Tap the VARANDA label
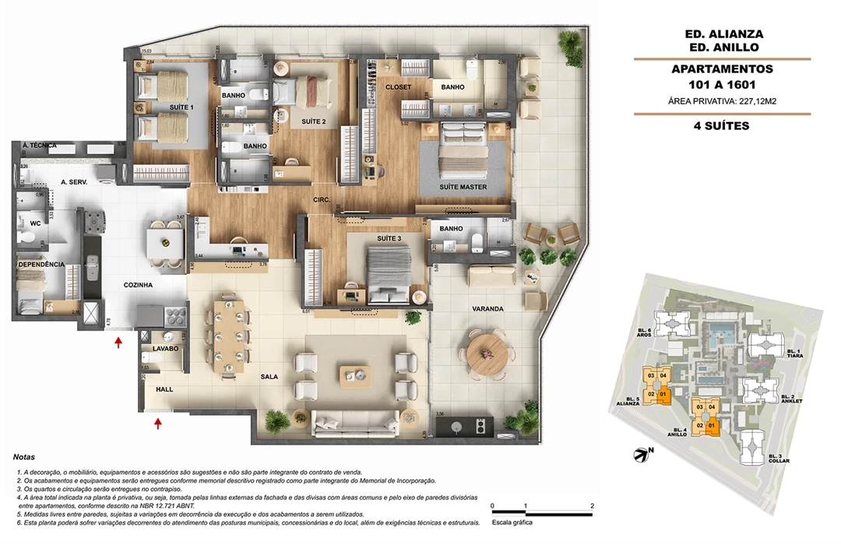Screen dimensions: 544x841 [487, 309]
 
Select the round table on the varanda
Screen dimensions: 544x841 [487, 354]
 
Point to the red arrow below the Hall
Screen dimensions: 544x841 [158, 423]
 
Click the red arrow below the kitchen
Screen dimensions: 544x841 [118, 342]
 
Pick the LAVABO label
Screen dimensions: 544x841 [165, 349]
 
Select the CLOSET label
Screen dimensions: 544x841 [398, 87]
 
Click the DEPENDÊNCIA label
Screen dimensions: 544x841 [40, 265]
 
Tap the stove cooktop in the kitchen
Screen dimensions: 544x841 [174, 315]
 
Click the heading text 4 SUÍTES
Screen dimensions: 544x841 [722, 125]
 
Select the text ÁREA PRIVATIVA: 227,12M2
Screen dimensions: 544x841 [722, 101]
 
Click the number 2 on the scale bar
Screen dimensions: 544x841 [593, 507]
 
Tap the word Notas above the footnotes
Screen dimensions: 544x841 [24, 458]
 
